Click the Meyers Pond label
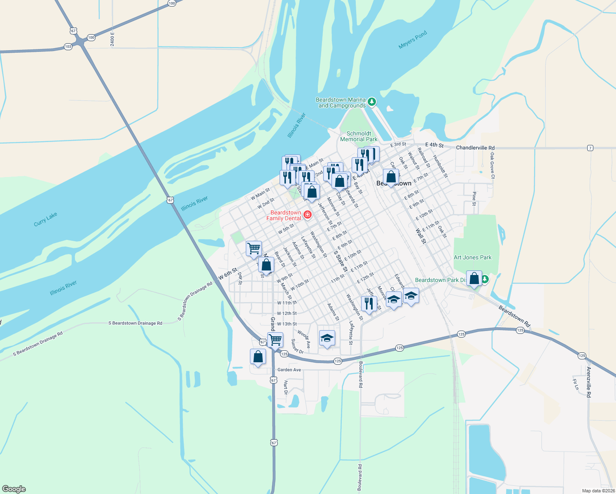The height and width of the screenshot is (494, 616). click(x=413, y=40)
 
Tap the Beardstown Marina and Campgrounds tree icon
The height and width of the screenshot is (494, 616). click(x=372, y=102)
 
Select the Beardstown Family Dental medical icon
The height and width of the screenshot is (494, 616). click(x=307, y=214)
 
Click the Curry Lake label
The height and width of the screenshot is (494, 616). click(x=45, y=219)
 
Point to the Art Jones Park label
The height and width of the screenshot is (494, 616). click(x=472, y=257)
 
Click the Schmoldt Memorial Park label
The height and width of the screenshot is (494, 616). click(x=359, y=136)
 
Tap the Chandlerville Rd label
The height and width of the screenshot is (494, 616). click(x=475, y=147)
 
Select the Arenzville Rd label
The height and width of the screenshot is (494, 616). click(x=589, y=382)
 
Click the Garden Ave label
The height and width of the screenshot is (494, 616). click(x=289, y=370)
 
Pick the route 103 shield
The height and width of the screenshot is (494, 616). click(x=68, y=47)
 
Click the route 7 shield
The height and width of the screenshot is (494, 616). click(x=590, y=148)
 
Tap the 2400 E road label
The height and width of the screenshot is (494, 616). click(x=112, y=39)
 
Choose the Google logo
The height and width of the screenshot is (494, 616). click(x=14, y=489)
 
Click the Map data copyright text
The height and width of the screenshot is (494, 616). click(x=598, y=491)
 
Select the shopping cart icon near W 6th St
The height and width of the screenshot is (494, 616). click(x=254, y=248)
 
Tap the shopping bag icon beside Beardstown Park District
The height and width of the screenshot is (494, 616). click(x=474, y=279)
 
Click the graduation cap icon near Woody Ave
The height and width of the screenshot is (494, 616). click(x=327, y=338)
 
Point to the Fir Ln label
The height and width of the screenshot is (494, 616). click(x=576, y=384)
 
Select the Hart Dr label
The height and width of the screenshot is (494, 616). click(x=285, y=387)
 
